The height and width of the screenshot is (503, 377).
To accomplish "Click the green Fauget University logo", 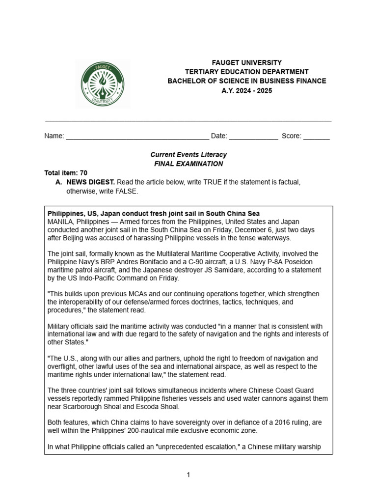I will [x=103, y=84].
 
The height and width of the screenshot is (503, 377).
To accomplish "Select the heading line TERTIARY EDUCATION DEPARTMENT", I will [x=246, y=72].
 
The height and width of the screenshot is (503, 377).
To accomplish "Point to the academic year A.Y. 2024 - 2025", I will [x=246, y=90].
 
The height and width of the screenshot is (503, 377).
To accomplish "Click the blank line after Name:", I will [x=137, y=136].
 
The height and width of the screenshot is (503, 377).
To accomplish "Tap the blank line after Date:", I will [x=253, y=136].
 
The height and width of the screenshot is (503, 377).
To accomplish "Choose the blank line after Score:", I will [x=316, y=136].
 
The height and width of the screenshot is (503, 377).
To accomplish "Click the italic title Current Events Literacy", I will [x=188, y=155].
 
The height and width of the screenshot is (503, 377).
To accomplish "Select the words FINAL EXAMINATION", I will [x=188, y=164].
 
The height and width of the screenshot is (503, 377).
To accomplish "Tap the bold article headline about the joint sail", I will [x=153, y=214].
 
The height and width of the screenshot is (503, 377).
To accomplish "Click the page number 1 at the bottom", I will [x=188, y=475].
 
